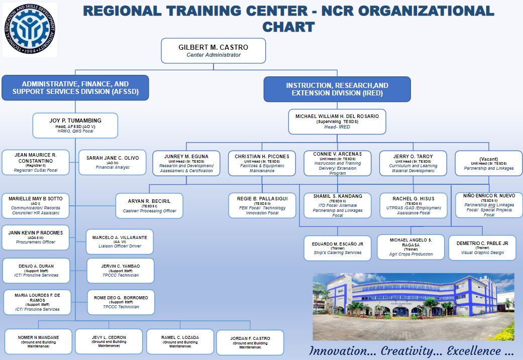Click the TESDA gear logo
point(30,30)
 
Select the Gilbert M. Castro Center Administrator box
point(214,51)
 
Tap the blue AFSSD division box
point(75,88)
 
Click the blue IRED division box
point(337,89)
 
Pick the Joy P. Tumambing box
point(75,125)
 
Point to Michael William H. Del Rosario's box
point(337,122)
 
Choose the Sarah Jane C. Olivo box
point(113,162)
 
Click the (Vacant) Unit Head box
point(488,163)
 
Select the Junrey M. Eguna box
point(186,163)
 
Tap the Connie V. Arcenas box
point(337,163)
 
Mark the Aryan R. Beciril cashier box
point(149,206)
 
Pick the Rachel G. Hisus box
point(413,206)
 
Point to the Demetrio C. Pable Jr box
point(482,248)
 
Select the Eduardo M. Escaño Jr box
point(337,248)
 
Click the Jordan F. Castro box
point(250,342)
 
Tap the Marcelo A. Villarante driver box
point(121,242)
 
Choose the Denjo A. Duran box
point(36,270)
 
